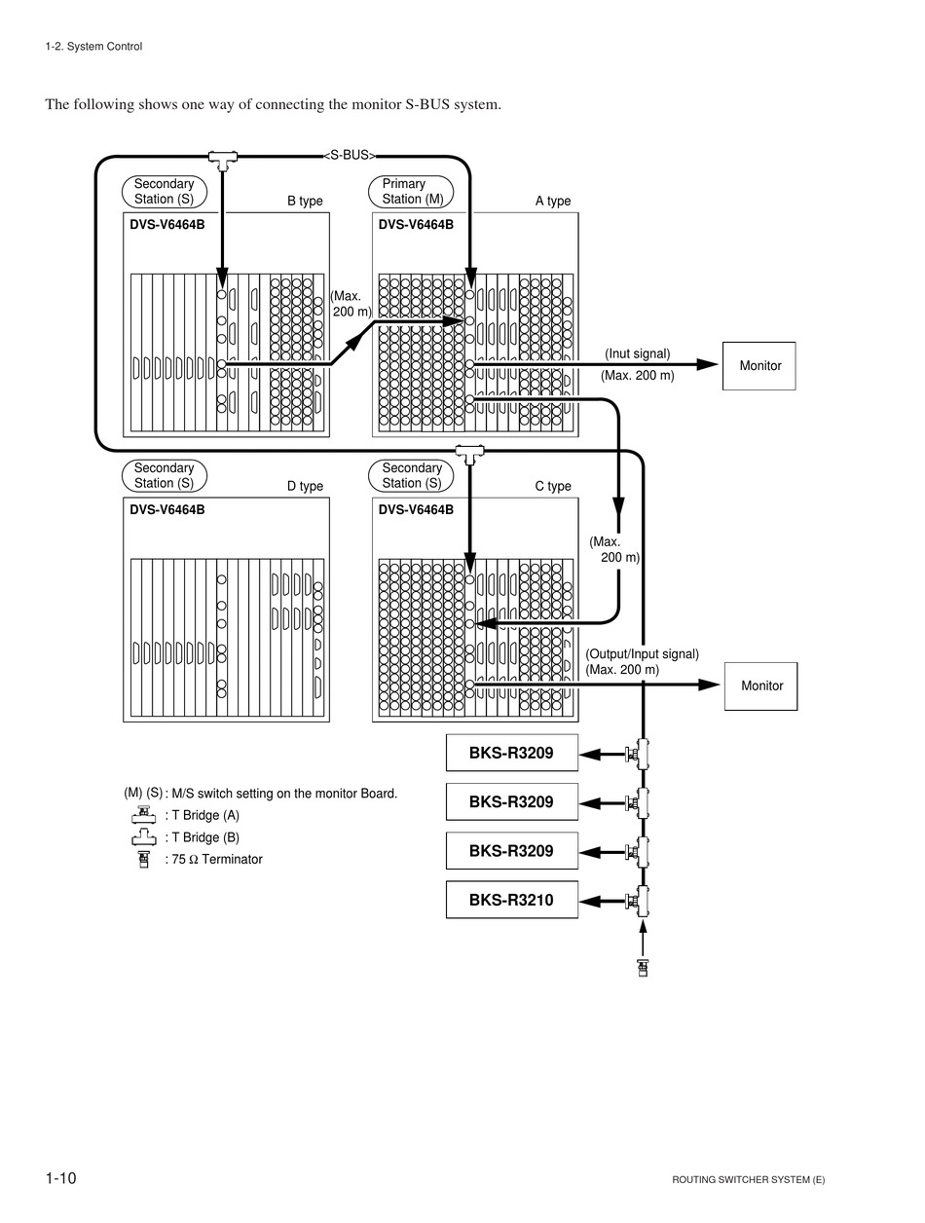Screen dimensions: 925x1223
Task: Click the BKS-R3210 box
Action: tap(511, 900)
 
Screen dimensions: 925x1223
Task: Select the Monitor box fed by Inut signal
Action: tap(758, 365)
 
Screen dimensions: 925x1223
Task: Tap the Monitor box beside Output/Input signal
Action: tap(760, 686)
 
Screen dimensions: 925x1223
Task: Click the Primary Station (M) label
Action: tap(411, 192)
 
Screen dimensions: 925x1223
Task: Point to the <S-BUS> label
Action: tap(350, 155)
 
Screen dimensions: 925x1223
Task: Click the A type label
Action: tap(552, 201)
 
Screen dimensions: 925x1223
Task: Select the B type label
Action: tap(305, 201)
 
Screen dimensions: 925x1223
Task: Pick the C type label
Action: tap(552, 486)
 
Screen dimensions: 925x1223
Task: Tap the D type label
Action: tap(305, 486)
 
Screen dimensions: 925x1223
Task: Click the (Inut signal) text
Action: tap(637, 353)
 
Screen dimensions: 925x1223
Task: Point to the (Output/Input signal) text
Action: tap(642, 653)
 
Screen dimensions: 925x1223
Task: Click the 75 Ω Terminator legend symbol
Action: tap(144, 859)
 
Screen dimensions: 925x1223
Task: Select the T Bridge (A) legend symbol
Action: tap(144, 815)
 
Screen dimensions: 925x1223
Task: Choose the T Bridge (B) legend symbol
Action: tap(144, 836)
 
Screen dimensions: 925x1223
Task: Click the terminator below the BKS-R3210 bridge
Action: tap(643, 968)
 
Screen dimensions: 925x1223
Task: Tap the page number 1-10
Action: tap(60, 1178)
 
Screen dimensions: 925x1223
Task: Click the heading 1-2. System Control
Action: tap(93, 46)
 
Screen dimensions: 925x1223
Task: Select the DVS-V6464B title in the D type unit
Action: tap(167, 509)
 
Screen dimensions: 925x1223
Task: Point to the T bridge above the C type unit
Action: tap(469, 454)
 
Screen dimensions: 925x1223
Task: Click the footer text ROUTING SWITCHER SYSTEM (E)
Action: tap(748, 1179)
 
